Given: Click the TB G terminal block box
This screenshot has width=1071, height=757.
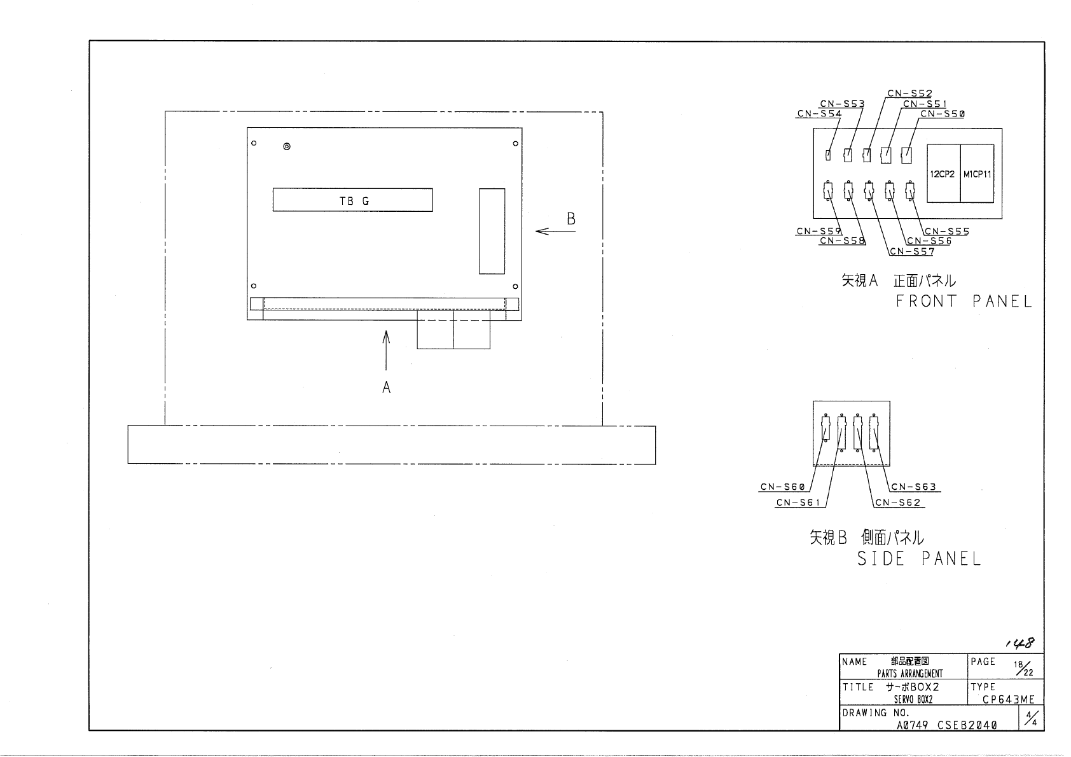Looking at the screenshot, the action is click(x=352, y=200).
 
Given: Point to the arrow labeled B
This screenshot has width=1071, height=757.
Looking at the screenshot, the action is click(x=555, y=231).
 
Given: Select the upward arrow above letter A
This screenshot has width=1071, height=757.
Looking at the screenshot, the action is click(x=385, y=349).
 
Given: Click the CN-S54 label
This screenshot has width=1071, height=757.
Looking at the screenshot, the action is click(x=819, y=114).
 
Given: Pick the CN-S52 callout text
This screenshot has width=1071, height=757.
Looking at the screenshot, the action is click(x=909, y=94).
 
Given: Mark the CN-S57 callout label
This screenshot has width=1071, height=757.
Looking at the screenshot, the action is click(x=911, y=251).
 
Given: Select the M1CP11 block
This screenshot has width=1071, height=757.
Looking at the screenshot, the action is click(x=977, y=174).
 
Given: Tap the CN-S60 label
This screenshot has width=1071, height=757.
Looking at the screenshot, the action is click(x=782, y=487).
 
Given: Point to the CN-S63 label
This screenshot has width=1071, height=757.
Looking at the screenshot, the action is click(x=913, y=487).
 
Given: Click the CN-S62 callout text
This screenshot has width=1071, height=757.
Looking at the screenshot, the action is click(x=897, y=503).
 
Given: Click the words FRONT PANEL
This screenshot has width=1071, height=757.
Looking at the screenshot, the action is click(x=963, y=302).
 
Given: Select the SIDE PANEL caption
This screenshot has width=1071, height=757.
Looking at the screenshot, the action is click(x=918, y=559).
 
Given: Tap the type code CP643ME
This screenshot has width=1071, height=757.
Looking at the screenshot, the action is click(x=1008, y=700).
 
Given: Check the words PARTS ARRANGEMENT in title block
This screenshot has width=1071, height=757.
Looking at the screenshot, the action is click(x=910, y=673).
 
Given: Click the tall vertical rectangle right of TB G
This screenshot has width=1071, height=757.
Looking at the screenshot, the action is click(x=492, y=231).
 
